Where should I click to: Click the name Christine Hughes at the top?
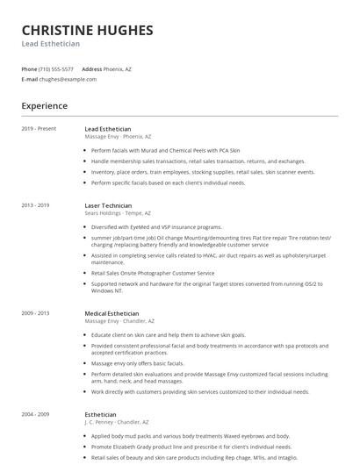click(87, 30)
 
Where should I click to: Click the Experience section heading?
click(44, 106)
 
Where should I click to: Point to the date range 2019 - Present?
click(39, 129)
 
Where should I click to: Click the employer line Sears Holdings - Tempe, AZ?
click(118, 213)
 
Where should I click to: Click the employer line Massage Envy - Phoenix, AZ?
click(119, 137)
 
